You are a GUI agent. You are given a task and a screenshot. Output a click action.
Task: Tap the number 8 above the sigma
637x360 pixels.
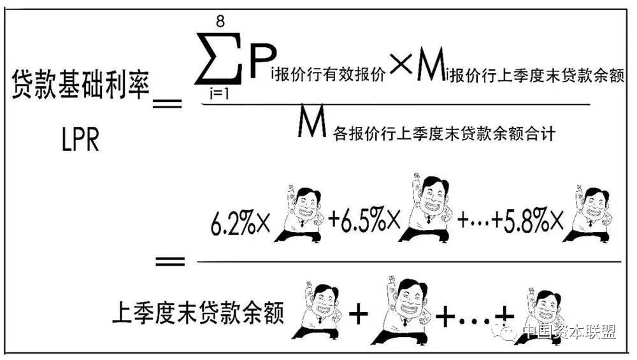click(x=220, y=21)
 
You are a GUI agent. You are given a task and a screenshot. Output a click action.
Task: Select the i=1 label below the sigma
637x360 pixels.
click(x=219, y=94)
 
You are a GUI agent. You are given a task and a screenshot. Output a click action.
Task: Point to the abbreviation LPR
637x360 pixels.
click(x=80, y=140)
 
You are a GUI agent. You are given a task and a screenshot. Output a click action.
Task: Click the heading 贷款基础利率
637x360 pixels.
click(x=80, y=84)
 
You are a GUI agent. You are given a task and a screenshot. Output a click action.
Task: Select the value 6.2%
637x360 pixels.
click(x=233, y=222)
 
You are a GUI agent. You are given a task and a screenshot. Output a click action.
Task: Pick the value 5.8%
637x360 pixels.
click(x=527, y=221)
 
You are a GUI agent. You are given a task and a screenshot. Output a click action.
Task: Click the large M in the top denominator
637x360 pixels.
click(x=312, y=120)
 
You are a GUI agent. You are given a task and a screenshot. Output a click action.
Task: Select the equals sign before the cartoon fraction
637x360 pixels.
click(x=170, y=261)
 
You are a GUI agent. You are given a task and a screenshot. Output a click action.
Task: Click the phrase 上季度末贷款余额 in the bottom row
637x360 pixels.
click(x=198, y=312)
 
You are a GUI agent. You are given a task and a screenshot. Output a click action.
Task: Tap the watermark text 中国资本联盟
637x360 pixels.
click(x=569, y=332)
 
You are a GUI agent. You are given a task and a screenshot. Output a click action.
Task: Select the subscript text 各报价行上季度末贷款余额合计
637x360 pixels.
click(x=444, y=133)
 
